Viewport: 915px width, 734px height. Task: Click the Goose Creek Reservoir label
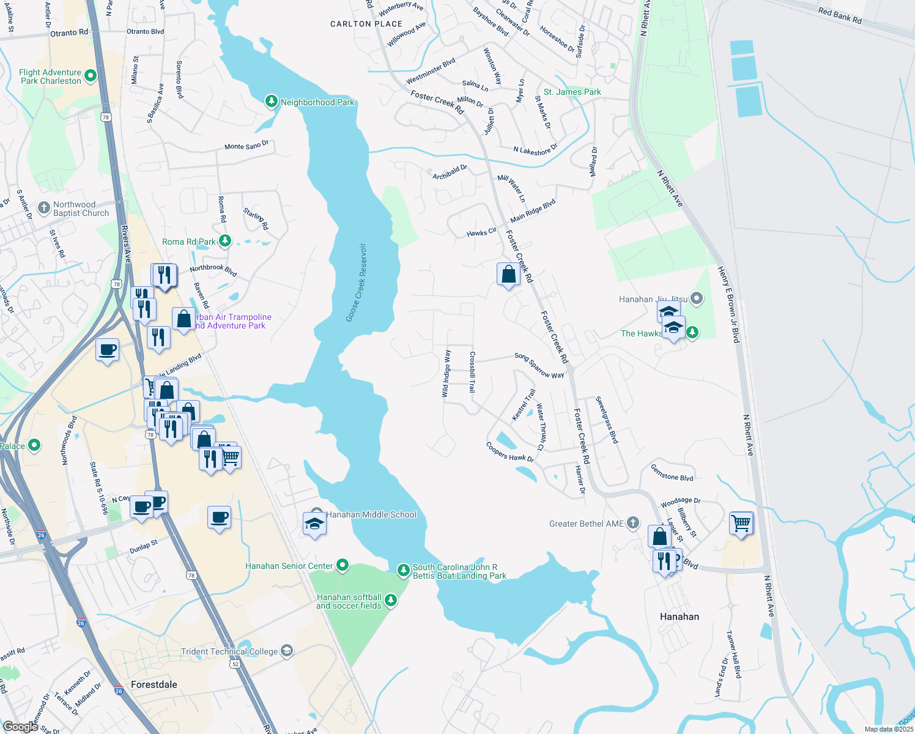point(356,283)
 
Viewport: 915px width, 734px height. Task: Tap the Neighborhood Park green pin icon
point(272,102)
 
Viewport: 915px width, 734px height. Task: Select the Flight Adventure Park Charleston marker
point(91,76)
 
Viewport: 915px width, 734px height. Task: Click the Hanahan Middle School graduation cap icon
point(314,524)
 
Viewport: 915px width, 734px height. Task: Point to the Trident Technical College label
point(229,651)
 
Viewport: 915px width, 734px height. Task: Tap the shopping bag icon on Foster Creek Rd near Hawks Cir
point(508,275)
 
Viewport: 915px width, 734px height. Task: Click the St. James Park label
point(572,92)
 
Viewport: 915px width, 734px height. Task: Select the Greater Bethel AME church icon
point(633,523)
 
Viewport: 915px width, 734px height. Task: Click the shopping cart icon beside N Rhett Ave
point(741,523)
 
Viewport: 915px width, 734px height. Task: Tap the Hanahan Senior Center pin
point(343,565)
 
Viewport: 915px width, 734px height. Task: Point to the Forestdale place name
point(154,684)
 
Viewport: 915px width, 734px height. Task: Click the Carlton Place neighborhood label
point(366,24)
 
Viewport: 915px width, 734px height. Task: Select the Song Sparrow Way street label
point(539,365)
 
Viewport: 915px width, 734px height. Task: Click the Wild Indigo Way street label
point(446,374)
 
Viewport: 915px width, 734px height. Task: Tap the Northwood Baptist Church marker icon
point(44,208)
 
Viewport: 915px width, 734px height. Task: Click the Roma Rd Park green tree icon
point(225,241)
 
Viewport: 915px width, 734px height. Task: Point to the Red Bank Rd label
point(840,15)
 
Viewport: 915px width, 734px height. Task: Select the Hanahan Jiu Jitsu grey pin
point(697,298)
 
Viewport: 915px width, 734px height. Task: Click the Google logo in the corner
point(20,726)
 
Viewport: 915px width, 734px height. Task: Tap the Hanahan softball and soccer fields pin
point(391,601)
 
